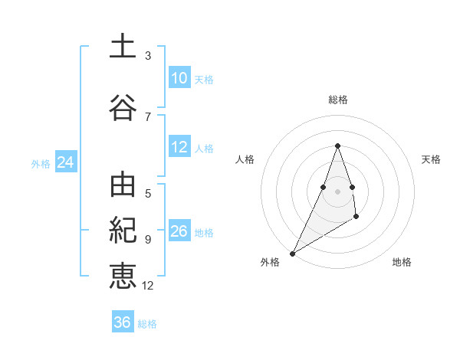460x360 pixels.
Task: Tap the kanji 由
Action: tap(123, 187)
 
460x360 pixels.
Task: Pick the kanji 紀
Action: tap(123, 231)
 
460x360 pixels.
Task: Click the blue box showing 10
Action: tap(179, 78)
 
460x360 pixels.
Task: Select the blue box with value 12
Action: tap(179, 147)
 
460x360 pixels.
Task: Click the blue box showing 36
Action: tap(123, 322)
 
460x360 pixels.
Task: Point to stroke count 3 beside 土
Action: tap(148, 55)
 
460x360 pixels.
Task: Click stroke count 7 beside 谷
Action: tap(148, 116)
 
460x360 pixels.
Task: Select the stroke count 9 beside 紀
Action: tap(148, 239)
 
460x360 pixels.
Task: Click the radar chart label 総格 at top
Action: tap(338, 100)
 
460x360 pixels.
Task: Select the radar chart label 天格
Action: tap(432, 159)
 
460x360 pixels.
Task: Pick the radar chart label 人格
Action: tap(245, 159)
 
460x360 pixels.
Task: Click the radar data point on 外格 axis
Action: tap(292, 253)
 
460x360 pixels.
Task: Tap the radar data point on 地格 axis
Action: tap(356, 218)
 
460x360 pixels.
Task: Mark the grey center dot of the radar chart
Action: tap(338, 191)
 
